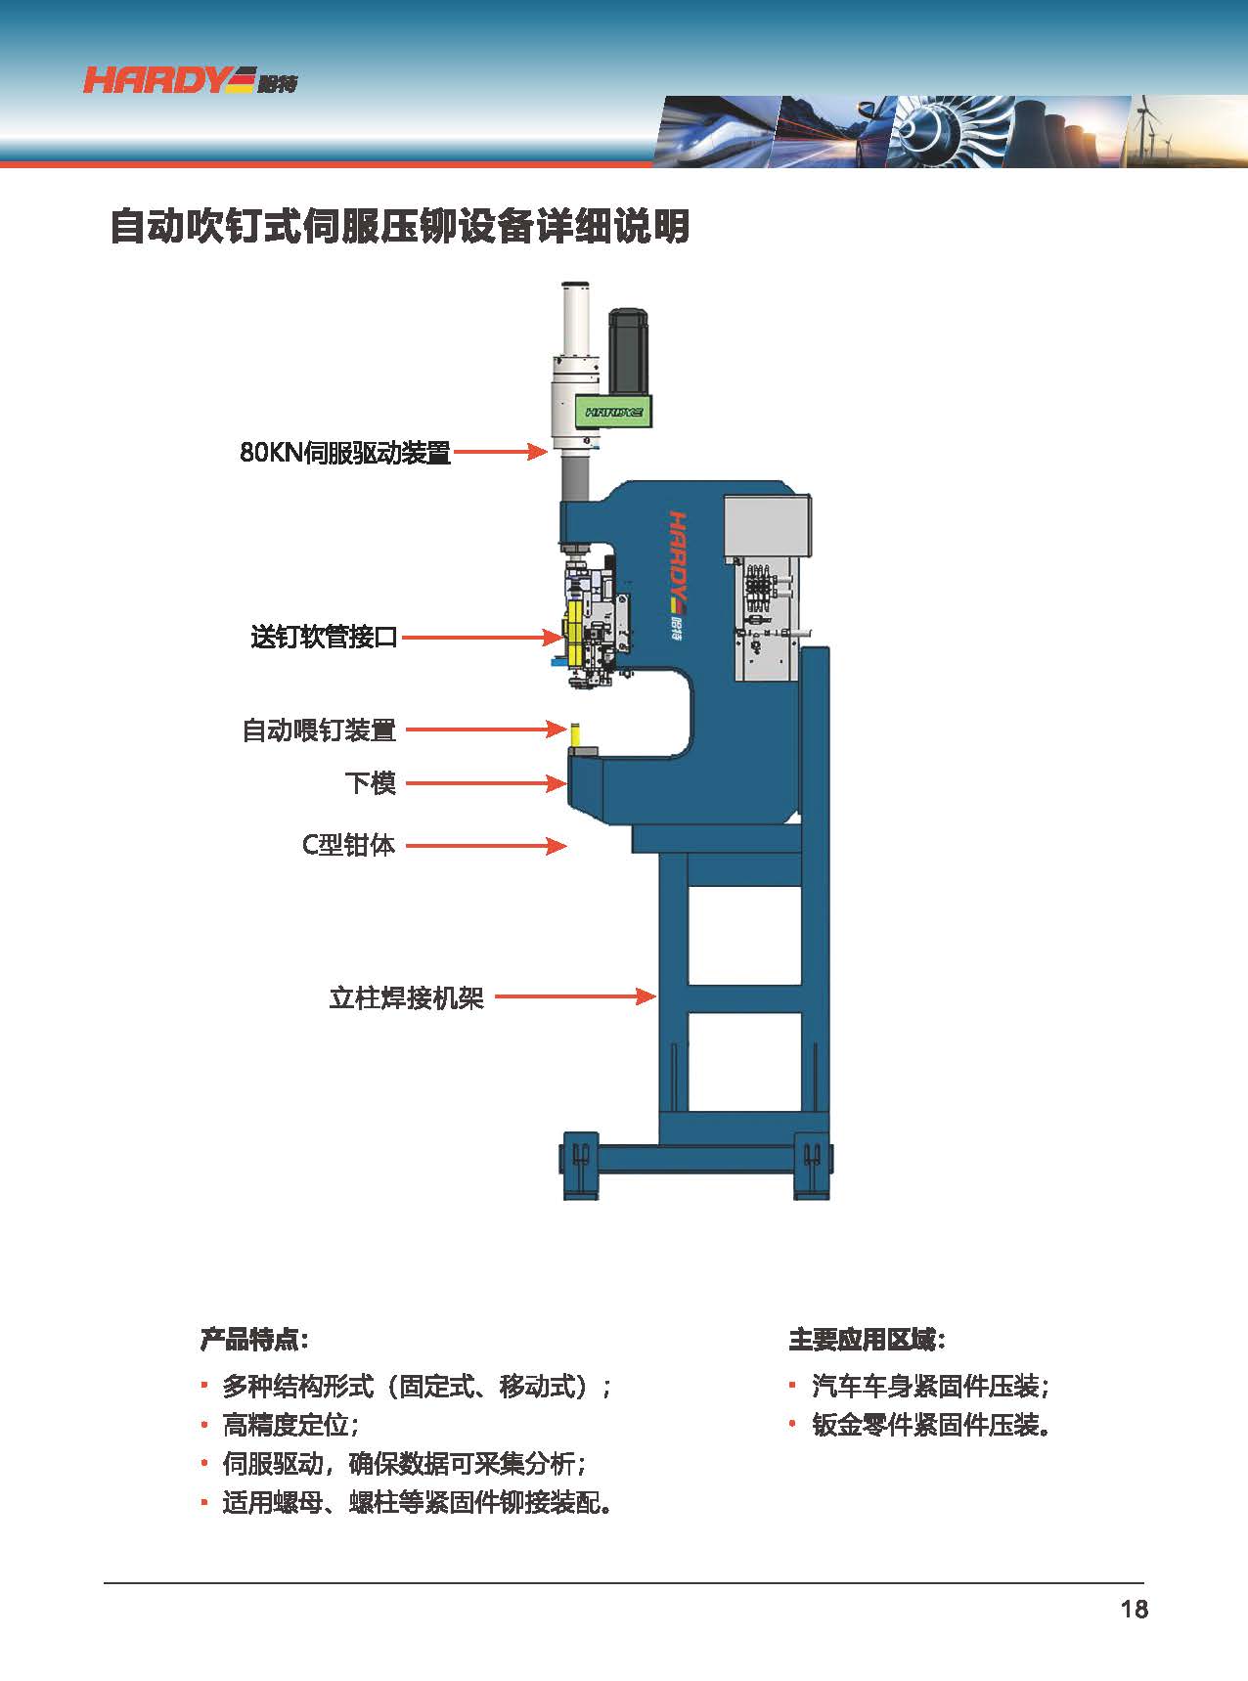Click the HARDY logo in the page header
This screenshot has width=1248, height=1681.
pos(190,80)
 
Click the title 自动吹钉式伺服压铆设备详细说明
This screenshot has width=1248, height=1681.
pos(399,226)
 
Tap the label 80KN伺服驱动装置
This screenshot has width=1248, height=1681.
pos(345,453)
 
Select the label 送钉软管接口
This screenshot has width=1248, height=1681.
pos(325,638)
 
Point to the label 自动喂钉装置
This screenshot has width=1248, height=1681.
pos(319,730)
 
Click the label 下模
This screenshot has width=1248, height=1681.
pos(371,783)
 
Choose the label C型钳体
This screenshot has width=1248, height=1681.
pos(348,845)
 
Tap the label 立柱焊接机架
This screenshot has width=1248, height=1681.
pos(407,997)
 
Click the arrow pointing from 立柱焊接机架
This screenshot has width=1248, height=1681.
pos(575,996)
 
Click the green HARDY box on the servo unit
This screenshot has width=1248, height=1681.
pos(614,411)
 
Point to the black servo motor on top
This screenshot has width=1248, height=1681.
pos(628,351)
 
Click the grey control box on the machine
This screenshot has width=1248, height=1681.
pos(767,528)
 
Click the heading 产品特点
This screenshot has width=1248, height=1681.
pos(254,1339)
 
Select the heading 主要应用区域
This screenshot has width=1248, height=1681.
pos(868,1339)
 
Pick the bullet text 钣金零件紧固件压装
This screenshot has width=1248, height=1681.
pos(932,1425)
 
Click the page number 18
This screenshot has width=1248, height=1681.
pos(1135,1610)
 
